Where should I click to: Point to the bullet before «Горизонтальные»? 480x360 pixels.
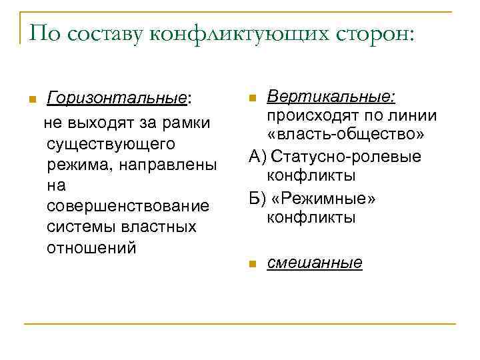point(31,100)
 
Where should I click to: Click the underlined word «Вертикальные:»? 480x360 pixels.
point(331,97)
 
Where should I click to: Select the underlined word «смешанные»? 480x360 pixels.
point(315,263)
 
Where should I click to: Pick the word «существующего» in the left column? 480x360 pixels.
point(111,143)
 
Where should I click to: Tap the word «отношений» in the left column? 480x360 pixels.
point(91,247)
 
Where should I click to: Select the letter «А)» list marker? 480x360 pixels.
point(258,157)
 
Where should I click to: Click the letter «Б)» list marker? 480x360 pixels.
point(258,199)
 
